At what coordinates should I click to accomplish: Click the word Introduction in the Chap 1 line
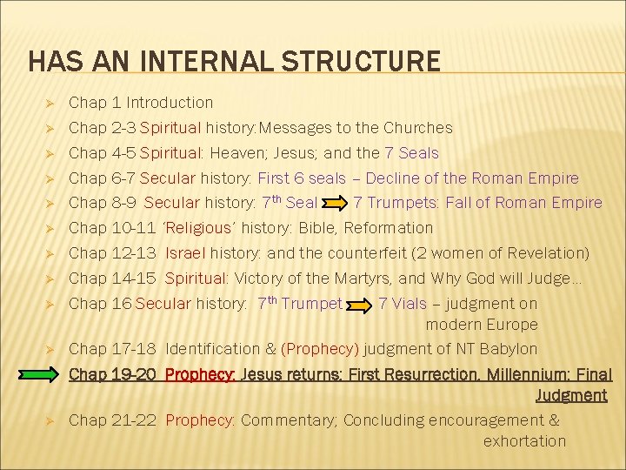click(x=170, y=103)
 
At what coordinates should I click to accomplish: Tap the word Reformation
click(x=389, y=228)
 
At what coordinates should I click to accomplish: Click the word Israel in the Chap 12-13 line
click(x=184, y=253)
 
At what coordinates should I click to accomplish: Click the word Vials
click(x=410, y=304)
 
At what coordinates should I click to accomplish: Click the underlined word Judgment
click(x=571, y=396)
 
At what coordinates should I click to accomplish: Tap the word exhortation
click(x=524, y=441)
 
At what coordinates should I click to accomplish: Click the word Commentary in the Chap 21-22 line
click(x=288, y=420)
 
